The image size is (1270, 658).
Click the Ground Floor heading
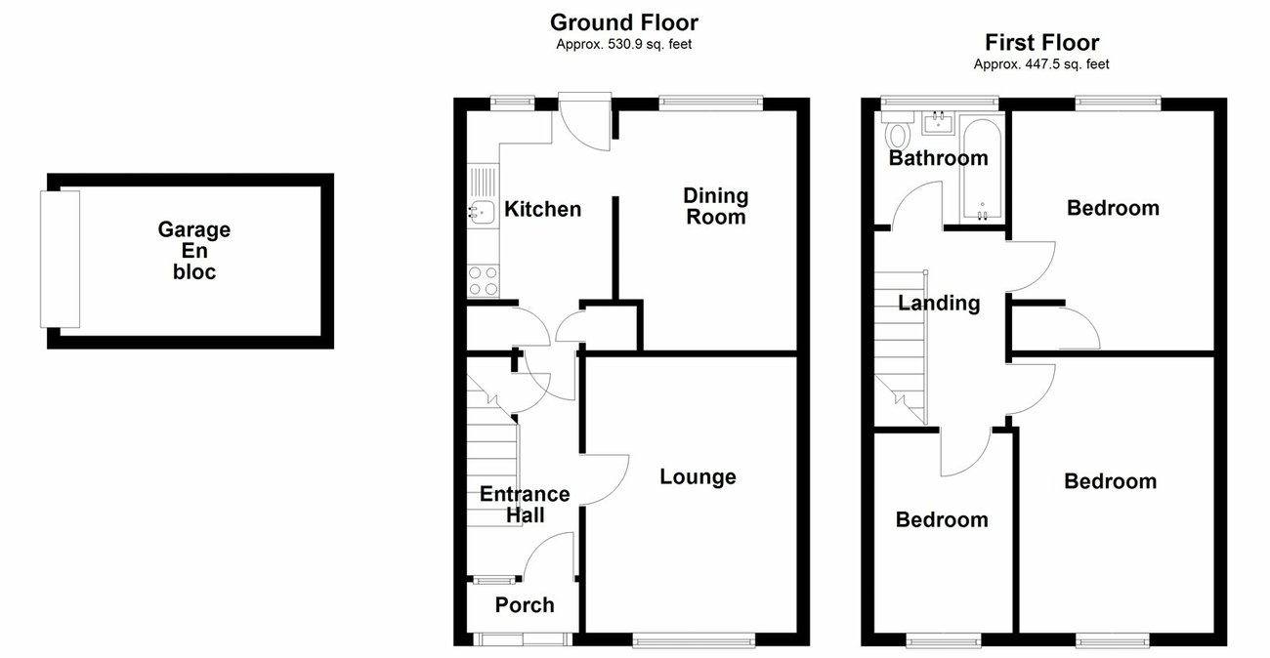point(623,22)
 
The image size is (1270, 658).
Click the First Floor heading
point(1041,43)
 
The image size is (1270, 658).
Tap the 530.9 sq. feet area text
point(623,44)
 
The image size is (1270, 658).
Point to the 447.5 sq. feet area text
point(1041,64)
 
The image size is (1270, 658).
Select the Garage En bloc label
point(194,251)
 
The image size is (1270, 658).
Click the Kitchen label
point(542,209)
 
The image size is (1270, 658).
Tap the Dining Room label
point(715,206)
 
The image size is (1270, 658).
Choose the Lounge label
point(698,476)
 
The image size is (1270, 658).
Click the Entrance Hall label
point(525,505)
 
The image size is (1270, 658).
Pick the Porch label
point(525,605)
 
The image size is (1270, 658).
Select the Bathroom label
point(938,158)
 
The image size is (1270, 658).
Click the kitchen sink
point(480,210)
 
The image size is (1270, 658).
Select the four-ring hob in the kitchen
point(482,281)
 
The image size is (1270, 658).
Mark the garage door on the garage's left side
point(59,259)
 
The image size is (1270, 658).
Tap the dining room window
point(711,100)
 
